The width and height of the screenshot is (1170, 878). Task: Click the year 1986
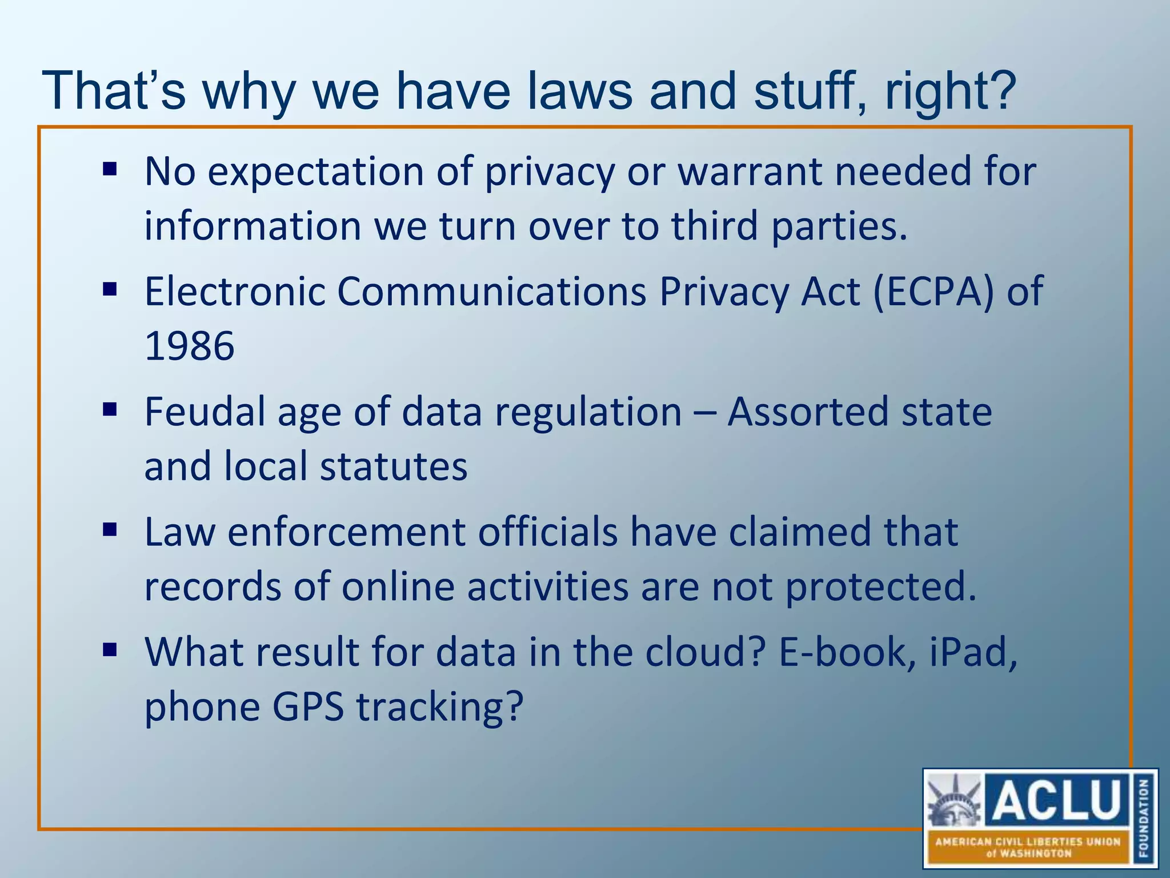point(189,346)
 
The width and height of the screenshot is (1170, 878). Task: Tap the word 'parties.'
point(839,226)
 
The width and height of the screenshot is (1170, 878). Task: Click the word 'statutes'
point(394,466)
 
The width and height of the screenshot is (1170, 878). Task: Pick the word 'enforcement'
point(346,532)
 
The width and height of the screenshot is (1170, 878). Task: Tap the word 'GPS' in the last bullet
point(308,707)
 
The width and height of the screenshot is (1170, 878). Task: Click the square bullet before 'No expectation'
point(110,169)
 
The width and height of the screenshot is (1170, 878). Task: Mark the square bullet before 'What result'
point(110,650)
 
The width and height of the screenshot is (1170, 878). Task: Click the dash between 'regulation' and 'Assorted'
point(704,413)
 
